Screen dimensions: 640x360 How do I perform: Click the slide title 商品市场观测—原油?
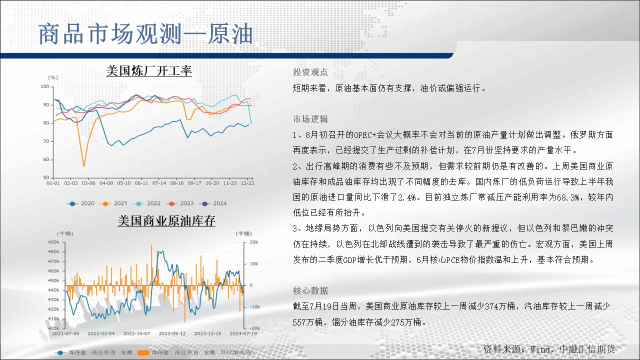point(145,34)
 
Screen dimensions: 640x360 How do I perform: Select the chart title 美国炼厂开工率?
point(149,71)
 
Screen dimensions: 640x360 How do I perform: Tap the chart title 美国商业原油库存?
point(166,221)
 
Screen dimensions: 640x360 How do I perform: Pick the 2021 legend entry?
point(113,203)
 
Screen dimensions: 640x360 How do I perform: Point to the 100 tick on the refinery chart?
point(45,86)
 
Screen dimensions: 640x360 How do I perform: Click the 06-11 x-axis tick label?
point(141,183)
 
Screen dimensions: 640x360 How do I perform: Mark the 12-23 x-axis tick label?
point(247,183)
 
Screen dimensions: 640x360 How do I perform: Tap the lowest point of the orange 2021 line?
point(84,166)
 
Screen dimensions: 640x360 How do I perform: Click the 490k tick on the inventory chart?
point(53,242)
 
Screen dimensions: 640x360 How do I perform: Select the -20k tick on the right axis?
point(254,328)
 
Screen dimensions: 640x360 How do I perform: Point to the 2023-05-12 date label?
point(172,333)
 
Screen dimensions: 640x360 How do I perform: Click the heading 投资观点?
point(310,72)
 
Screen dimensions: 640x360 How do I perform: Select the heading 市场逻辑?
point(310,119)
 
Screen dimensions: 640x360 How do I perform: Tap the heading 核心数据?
point(310,291)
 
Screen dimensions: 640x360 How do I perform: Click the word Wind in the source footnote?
point(540,349)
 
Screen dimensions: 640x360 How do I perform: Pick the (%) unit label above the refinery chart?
point(53,77)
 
